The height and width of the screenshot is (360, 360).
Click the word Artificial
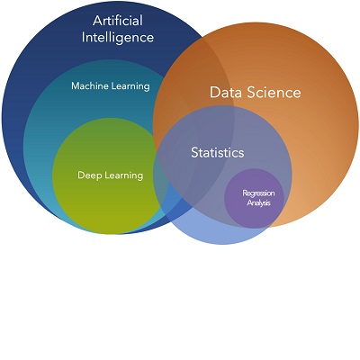[118, 21]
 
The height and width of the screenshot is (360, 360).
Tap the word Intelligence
[118, 39]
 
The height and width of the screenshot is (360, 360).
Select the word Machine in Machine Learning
[90, 85]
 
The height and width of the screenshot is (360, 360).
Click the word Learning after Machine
[130, 86]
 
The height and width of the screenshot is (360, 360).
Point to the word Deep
[90, 175]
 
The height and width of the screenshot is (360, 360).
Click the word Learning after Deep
[124, 175]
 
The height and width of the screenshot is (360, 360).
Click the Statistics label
[218, 152]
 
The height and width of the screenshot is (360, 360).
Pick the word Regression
[258, 193]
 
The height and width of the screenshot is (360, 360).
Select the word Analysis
[259, 202]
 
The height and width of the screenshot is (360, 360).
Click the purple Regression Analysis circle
[254, 198]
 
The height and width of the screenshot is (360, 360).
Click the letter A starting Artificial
[98, 21]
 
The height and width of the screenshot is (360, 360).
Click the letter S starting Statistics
[195, 152]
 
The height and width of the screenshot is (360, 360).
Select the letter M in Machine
[76, 86]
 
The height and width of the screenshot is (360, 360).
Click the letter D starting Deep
[81, 175]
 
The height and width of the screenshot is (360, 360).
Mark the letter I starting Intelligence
[84, 38]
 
